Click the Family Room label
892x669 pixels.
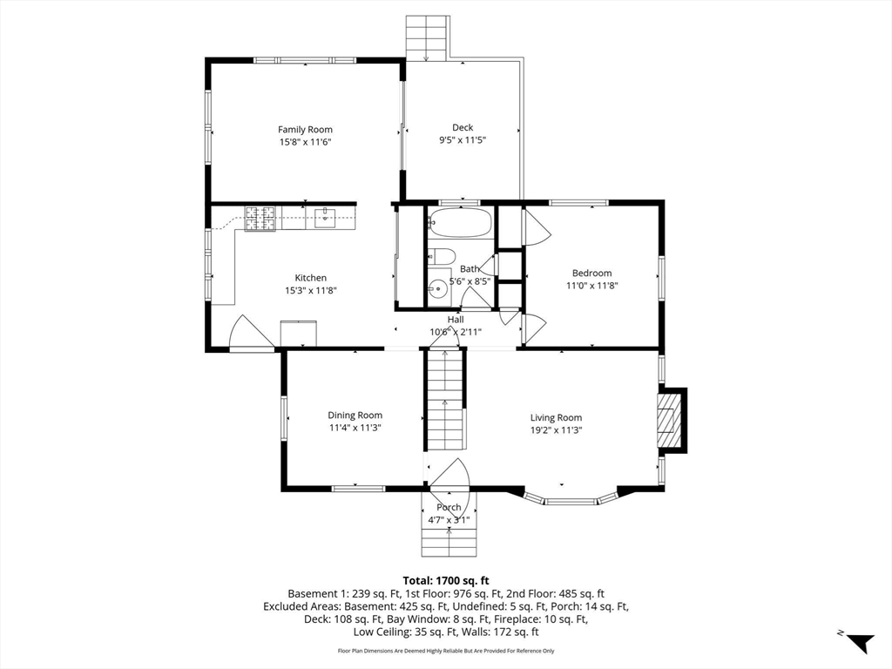[305, 130]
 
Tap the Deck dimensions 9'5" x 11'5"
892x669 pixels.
[463, 140]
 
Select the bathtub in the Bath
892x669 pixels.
[460, 223]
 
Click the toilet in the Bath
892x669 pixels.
[441, 256]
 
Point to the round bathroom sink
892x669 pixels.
[437, 289]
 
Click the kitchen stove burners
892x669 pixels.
[260, 219]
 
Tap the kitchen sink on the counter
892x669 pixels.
[324, 218]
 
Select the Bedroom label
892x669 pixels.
[592, 273]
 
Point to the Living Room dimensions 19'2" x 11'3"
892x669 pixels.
[557, 430]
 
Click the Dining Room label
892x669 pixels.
[355, 416]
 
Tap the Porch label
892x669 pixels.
[449, 508]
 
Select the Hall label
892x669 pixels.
[456, 320]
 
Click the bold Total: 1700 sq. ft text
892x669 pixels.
[446, 581]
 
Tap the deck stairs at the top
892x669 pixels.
[427, 37]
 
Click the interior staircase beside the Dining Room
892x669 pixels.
[445, 399]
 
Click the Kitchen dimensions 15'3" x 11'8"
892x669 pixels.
[311, 291]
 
